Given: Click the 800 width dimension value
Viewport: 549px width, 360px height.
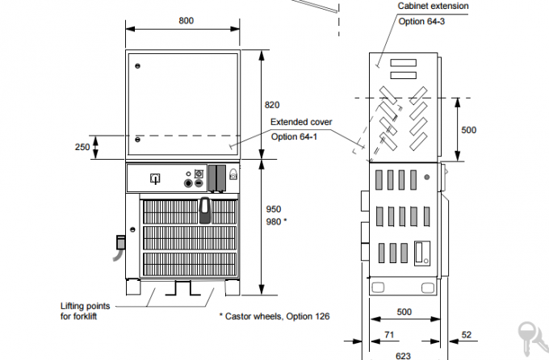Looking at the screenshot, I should (186, 21).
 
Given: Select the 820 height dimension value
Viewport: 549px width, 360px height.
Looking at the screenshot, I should (272, 105).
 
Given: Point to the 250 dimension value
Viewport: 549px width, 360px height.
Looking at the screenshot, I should (82, 147).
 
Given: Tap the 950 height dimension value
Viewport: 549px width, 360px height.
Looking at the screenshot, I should (274, 208).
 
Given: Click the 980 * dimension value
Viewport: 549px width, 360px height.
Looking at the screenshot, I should (277, 220).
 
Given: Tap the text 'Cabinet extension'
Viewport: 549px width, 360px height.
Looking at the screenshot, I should (433, 6).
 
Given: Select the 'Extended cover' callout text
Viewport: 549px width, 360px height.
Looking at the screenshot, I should (300, 122).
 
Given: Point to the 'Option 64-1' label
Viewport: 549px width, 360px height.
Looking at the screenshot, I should (295, 136).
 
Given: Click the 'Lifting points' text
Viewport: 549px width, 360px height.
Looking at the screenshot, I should (85, 306).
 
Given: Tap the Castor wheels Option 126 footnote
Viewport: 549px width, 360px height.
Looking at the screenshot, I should (275, 316).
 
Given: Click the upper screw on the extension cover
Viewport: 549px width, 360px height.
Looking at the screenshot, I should (137, 65).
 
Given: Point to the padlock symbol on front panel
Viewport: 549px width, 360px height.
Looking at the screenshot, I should (233, 173).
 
